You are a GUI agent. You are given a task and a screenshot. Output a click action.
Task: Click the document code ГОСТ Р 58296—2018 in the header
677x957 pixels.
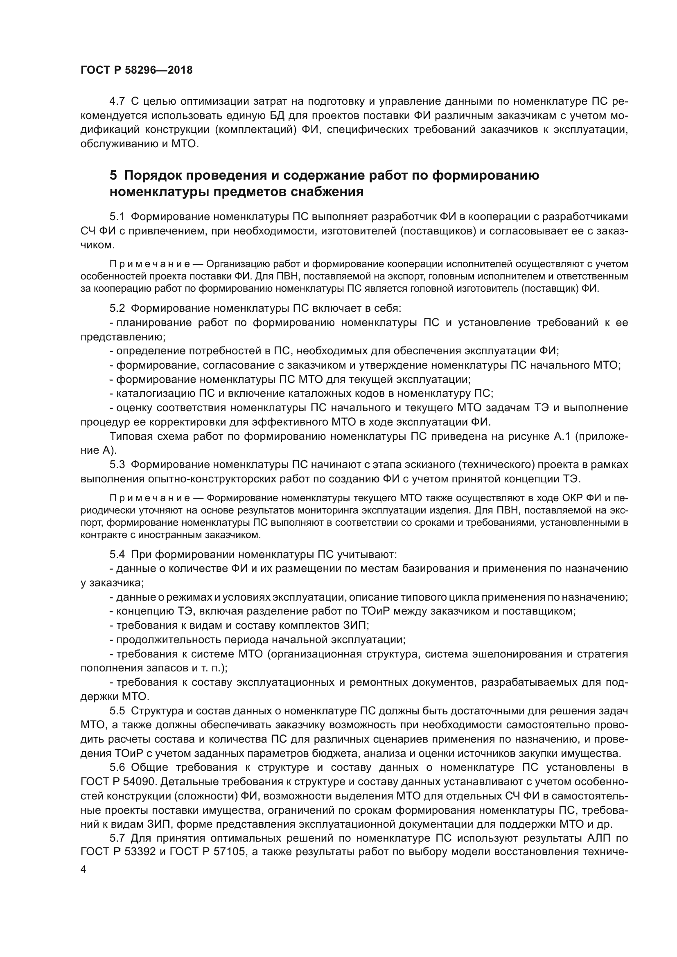[136, 70]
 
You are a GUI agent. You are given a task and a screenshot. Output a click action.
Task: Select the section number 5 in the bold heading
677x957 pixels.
[113, 176]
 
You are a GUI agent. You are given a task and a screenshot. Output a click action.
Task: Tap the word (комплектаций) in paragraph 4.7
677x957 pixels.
[255, 130]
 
